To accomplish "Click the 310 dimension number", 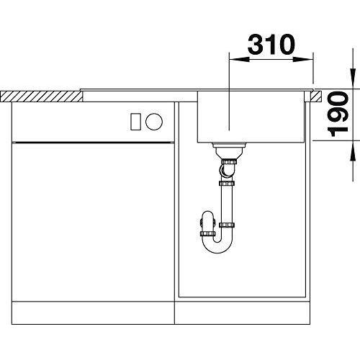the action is pyautogui.click(x=271, y=45).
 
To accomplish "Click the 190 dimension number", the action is pyautogui.click(x=338, y=114).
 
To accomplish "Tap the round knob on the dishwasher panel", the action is pyautogui.click(x=154, y=122).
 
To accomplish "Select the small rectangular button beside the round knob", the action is pyautogui.click(x=135, y=122).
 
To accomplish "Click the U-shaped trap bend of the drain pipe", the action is pyautogui.click(x=217, y=243).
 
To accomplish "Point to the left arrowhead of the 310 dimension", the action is pyautogui.click(x=239, y=59).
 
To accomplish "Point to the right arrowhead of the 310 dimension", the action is pyautogui.click(x=303, y=59).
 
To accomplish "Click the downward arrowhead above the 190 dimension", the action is pyautogui.click(x=353, y=78).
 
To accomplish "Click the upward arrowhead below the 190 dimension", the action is pyautogui.click(x=353, y=151).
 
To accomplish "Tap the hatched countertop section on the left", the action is pyautogui.click(x=41, y=96).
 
